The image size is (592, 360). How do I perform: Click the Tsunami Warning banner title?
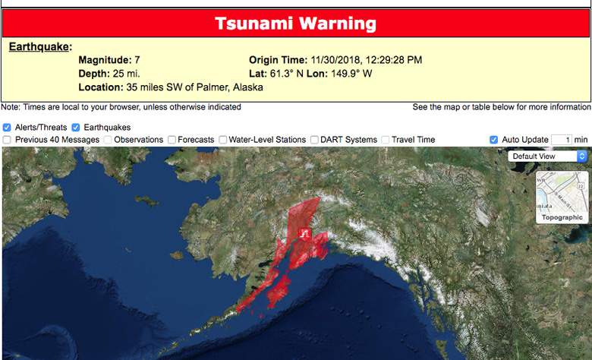pos(295,24)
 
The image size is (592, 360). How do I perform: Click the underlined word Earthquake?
pos(39,47)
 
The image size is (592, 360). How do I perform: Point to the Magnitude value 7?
pos(137,60)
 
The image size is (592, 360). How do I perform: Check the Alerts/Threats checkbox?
pos(7,128)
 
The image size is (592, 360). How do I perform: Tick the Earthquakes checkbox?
pos(76,128)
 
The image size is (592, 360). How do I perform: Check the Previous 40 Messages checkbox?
pos(7,140)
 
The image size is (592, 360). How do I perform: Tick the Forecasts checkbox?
pos(172,140)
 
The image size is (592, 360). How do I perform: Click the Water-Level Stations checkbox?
pos(222,140)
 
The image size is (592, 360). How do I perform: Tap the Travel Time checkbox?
pos(386,140)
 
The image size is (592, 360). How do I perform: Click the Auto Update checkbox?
pos(494,140)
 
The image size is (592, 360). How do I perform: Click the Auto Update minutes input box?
pos(561,140)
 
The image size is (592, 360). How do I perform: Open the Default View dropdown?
pos(549,156)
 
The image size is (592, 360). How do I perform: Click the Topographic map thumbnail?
pos(562,197)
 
